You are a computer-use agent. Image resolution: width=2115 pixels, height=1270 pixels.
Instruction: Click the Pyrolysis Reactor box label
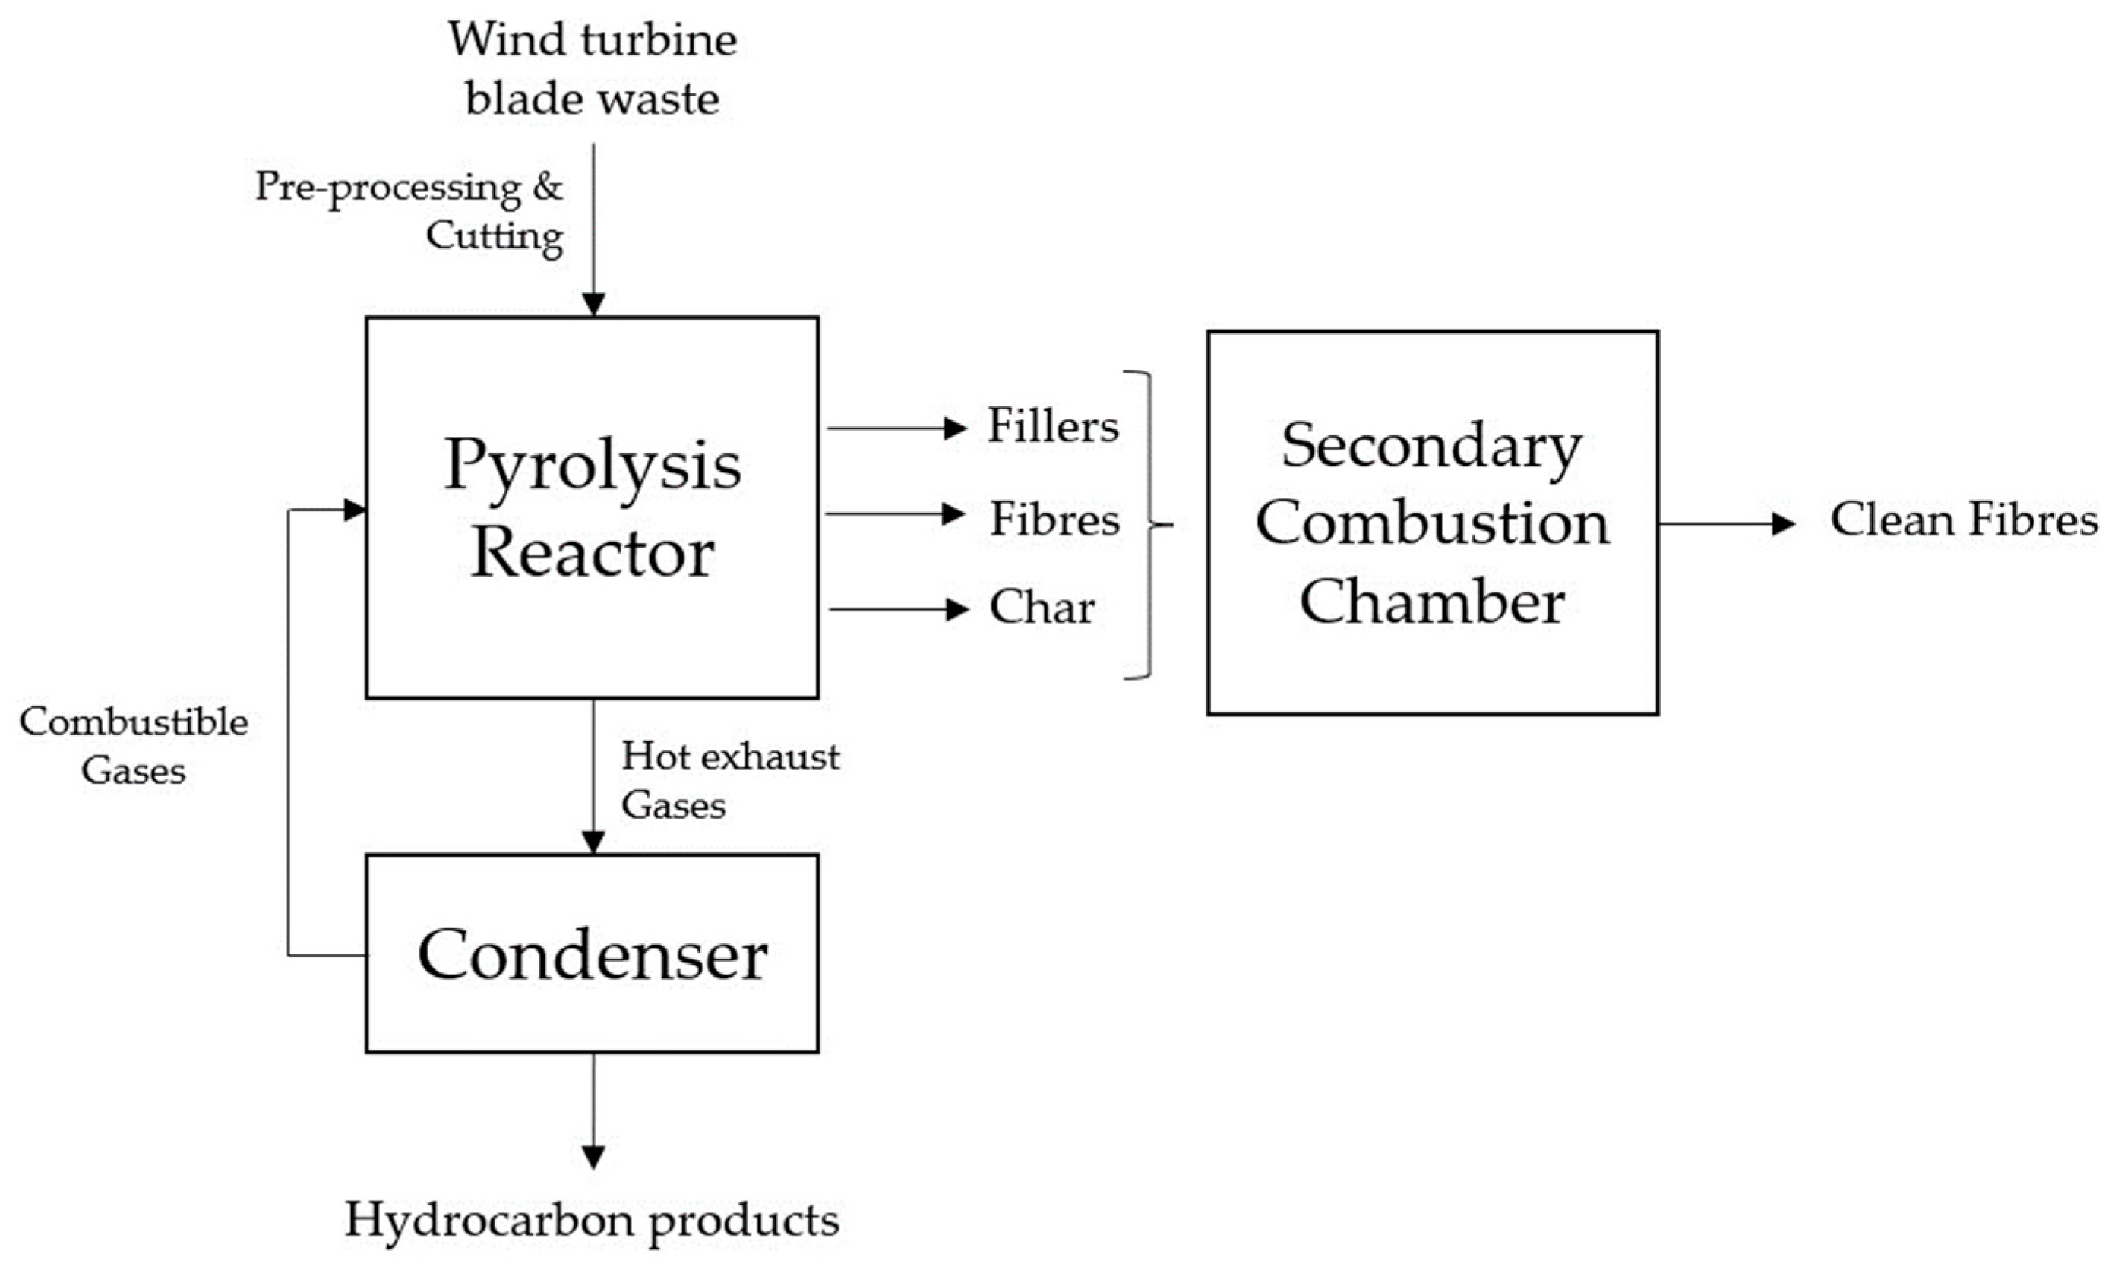click(x=593, y=508)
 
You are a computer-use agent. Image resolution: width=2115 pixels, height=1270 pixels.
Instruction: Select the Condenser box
click(x=593, y=953)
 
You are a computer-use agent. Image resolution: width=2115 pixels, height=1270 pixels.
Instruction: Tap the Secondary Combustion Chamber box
click(x=1432, y=523)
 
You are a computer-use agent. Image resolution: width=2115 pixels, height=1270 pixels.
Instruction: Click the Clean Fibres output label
click(x=1964, y=520)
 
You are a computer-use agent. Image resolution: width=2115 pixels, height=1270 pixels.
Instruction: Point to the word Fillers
click(x=1053, y=426)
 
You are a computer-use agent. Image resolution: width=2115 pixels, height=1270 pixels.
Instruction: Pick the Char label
click(x=1042, y=608)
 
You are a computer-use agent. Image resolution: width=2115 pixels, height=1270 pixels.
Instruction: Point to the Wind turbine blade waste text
click(x=593, y=68)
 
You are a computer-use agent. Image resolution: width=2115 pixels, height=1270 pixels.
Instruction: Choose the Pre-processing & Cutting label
click(x=409, y=210)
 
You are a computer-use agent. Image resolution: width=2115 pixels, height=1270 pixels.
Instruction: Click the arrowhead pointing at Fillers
click(x=955, y=428)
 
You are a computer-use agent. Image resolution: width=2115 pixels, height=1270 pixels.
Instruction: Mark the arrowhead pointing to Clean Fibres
click(x=1783, y=524)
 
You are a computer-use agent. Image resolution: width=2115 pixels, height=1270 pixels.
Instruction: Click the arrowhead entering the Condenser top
click(x=593, y=842)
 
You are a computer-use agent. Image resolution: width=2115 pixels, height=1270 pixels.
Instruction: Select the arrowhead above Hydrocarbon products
click(x=593, y=1157)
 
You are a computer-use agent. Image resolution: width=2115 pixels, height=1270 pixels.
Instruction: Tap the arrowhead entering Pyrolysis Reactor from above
click(x=593, y=305)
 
